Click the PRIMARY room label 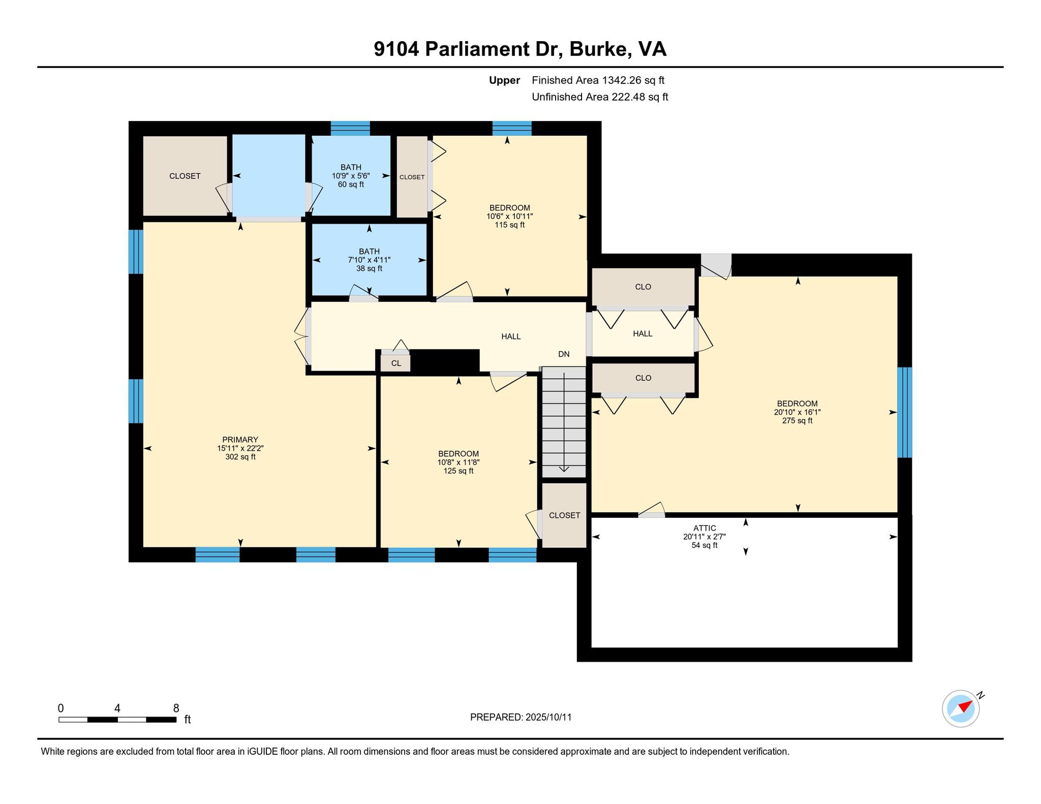[x=240, y=440]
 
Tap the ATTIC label [x=705, y=529]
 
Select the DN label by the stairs [x=564, y=354]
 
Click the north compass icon [x=961, y=708]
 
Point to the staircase [x=564, y=422]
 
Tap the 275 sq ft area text [x=797, y=421]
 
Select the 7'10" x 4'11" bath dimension [x=369, y=260]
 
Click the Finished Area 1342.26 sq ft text [x=598, y=80]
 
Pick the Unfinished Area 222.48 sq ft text [x=600, y=97]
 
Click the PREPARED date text [x=521, y=717]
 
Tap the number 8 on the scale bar [x=176, y=708]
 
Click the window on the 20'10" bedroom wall [x=904, y=412]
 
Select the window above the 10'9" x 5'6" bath [x=350, y=128]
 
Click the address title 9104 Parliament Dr [x=468, y=49]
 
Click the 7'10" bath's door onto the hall [x=364, y=294]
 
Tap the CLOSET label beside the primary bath [x=185, y=176]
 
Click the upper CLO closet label [x=643, y=287]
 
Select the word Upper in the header [x=504, y=80]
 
